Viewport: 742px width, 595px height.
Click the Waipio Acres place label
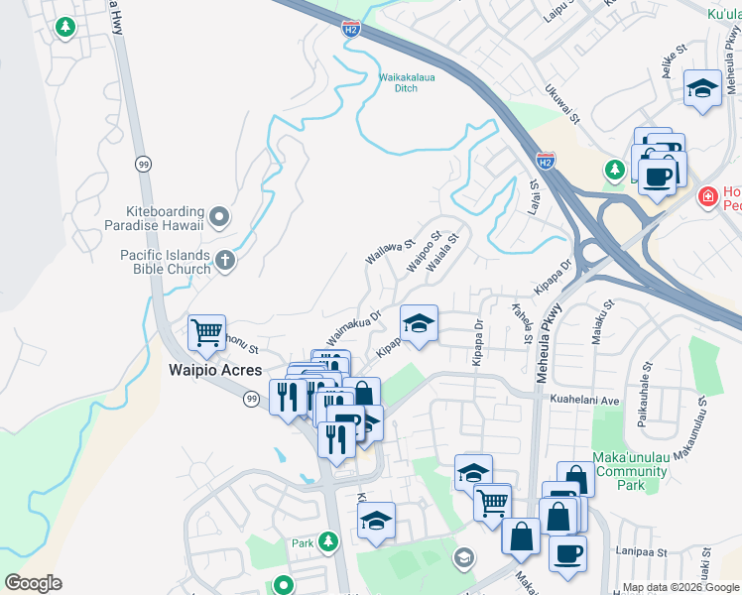tap(214, 370)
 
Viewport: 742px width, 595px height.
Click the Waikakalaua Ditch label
tap(412, 80)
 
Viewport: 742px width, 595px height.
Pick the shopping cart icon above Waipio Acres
tap(206, 333)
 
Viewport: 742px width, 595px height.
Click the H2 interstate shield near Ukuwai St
tap(545, 159)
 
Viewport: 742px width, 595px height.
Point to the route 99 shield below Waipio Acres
tap(253, 398)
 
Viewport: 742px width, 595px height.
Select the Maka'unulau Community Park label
tap(632, 471)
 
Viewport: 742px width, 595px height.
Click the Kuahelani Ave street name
tap(584, 400)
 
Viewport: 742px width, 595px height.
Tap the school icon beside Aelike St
tap(702, 88)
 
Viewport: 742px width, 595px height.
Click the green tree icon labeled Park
tap(328, 541)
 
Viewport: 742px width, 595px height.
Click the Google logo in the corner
tap(34, 583)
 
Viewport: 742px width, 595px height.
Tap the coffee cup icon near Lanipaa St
tap(567, 552)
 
